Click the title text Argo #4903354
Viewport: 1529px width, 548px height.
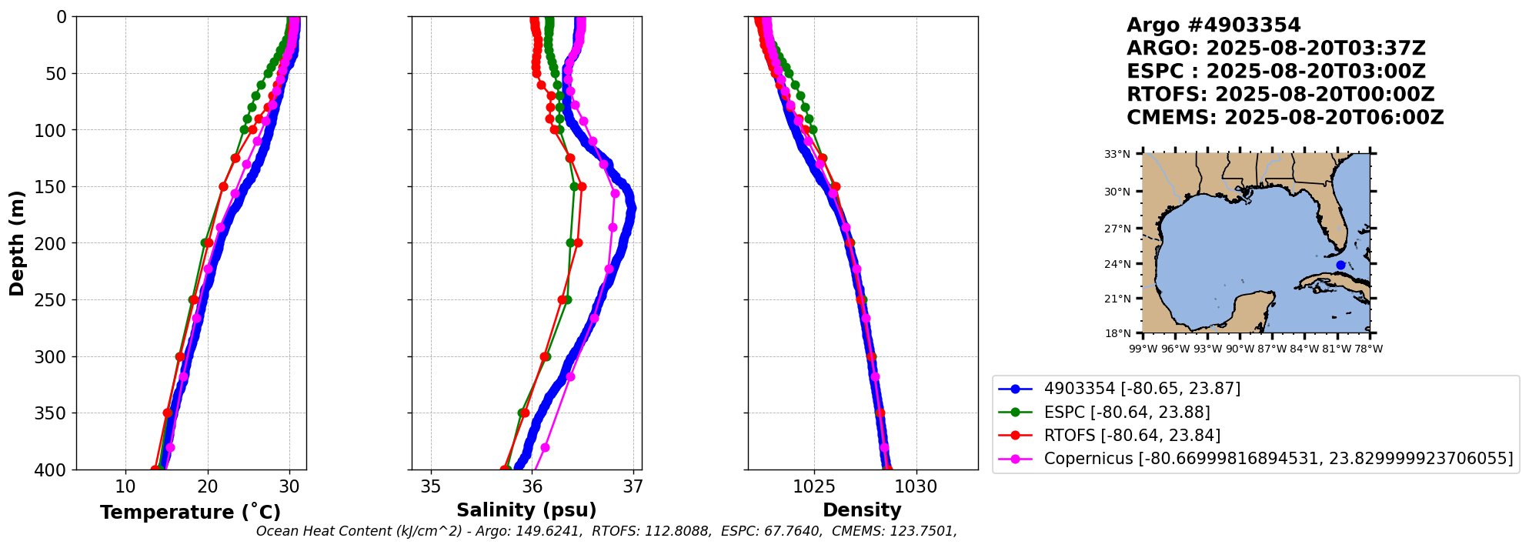[1213, 25]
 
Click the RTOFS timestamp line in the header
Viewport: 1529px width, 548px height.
[1280, 95]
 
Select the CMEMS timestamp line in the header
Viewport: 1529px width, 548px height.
[1284, 118]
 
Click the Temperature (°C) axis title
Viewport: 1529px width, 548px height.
[190, 513]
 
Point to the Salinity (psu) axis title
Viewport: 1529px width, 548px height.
[526, 510]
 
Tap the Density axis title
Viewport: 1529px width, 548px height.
[862, 510]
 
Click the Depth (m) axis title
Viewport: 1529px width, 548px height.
[17, 243]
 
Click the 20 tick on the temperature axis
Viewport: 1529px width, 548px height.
[208, 486]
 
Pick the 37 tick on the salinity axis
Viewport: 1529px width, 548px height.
[633, 486]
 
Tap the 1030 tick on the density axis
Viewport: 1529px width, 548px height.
[916, 486]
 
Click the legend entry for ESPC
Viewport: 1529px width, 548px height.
[1127, 413]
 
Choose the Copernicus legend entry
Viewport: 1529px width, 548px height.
[1277, 459]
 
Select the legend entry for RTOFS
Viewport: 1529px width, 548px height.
[1131, 436]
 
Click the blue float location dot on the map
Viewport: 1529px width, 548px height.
[1340, 265]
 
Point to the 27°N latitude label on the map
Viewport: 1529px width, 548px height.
[1117, 229]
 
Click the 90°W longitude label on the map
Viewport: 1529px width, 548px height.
[1240, 349]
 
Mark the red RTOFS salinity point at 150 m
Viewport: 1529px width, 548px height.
[582, 186]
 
